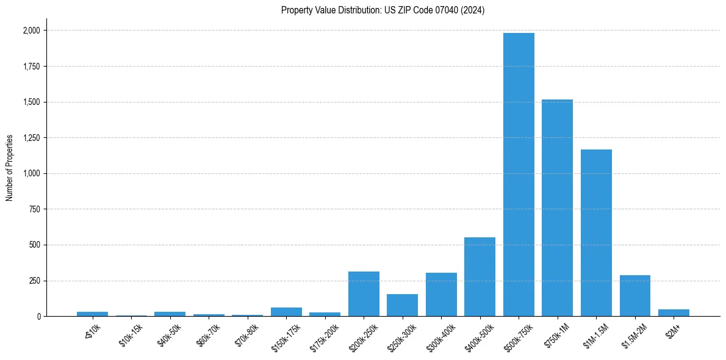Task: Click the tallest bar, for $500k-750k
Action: coord(519,175)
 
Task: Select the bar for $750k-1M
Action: coord(557,207)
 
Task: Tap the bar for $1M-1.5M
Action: coord(596,232)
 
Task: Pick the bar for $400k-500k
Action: coord(480,277)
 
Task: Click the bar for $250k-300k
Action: coord(402,305)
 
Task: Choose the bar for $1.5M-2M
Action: coord(634,296)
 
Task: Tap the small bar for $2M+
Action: coord(674,313)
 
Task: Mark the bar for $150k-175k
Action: coord(286,312)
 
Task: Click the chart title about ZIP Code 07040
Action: coord(383,10)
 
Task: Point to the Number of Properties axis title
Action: coord(10,168)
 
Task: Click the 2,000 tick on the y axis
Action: coord(32,31)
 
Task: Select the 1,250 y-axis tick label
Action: coord(32,138)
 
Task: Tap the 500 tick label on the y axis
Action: coord(34,245)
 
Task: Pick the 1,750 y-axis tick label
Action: coord(32,67)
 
